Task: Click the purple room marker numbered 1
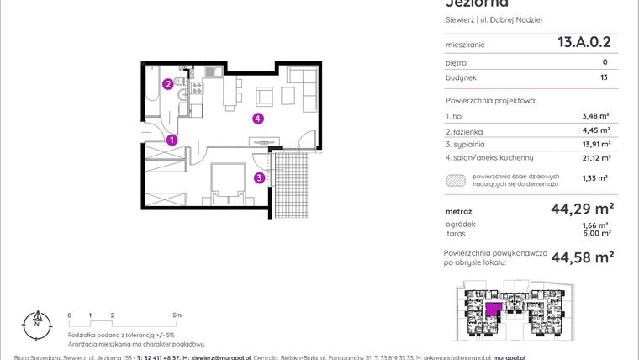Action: coord(172,140)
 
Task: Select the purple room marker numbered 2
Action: coord(168,84)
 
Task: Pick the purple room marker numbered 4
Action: coord(259,119)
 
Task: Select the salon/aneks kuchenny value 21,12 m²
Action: coord(593,157)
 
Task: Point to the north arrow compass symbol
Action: coord(36,320)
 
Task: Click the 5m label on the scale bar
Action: coord(175,315)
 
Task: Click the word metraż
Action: coord(458,211)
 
